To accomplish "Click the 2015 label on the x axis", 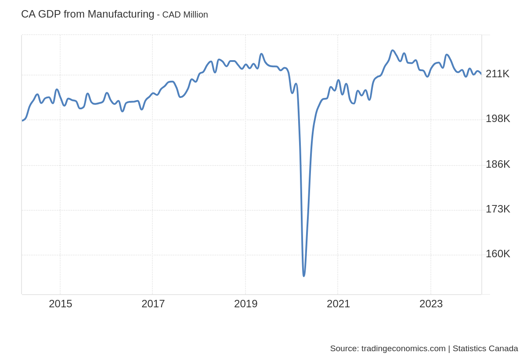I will [61, 304].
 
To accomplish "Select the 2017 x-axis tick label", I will [153, 304].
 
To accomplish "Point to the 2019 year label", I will [245, 304].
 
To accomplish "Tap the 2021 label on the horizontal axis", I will [338, 304].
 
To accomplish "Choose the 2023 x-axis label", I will [431, 304].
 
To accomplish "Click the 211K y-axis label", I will [497, 74].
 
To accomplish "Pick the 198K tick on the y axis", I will [498, 119].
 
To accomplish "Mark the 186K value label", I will [498, 164].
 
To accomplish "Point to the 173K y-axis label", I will [498, 209].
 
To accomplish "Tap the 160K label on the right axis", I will [498, 254].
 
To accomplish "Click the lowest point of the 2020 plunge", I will [303, 276].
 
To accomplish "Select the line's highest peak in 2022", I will [392, 50].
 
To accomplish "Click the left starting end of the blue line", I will [22, 120].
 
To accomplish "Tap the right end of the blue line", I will [481, 73].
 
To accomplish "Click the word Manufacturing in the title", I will [121, 14].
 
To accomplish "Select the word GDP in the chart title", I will [49, 14].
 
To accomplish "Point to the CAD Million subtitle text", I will [185, 14].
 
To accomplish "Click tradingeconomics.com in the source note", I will [403, 349].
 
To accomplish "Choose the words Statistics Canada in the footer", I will [485, 349].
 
